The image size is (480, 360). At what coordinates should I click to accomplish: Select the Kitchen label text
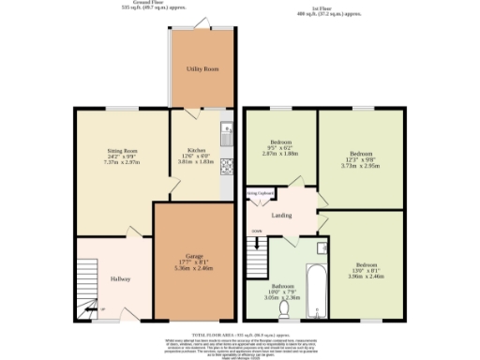point(196,150)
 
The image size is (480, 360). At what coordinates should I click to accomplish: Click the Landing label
point(281,215)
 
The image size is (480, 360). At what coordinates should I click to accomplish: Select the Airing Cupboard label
point(258,194)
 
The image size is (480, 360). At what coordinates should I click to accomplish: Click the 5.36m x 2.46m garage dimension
point(193,266)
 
